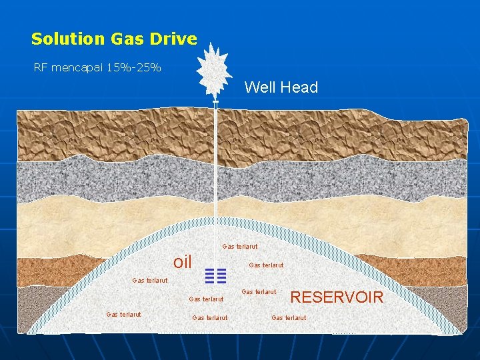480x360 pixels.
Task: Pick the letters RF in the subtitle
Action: pos(41,67)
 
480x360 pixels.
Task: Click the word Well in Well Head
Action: pos(259,87)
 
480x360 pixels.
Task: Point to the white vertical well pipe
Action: pos(216,160)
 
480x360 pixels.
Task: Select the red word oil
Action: pos(182,262)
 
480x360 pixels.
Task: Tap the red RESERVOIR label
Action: pos(337,297)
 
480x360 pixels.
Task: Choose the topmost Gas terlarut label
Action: pos(239,247)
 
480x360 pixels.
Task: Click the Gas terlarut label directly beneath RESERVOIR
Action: pos(289,317)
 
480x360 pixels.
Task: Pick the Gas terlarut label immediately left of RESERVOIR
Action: pos(259,292)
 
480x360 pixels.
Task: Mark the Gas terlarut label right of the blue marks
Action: pos(266,265)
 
